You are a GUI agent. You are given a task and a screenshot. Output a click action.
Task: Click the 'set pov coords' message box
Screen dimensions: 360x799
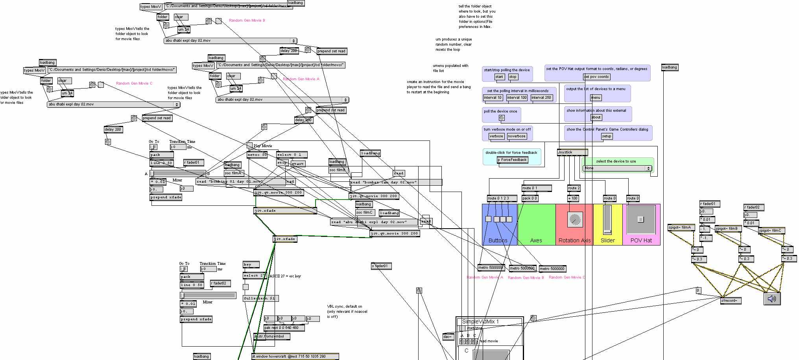[x=596, y=77]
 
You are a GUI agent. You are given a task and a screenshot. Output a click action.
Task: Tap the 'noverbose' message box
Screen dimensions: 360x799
[x=517, y=136]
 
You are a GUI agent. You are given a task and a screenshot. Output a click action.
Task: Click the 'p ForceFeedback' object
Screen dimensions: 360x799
[x=512, y=160]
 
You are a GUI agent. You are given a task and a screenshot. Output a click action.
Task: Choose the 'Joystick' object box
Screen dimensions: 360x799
[x=572, y=152]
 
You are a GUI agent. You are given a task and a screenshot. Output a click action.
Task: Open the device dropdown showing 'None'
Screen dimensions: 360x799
[x=617, y=168]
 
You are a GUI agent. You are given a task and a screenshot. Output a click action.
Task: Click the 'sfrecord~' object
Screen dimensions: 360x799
[x=731, y=301]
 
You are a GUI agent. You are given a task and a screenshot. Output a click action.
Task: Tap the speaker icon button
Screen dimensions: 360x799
[x=772, y=299]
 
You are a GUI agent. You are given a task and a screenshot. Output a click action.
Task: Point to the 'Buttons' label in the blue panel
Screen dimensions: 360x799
[x=498, y=240]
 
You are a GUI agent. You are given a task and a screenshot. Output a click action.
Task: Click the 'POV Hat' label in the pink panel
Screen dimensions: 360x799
[x=641, y=240]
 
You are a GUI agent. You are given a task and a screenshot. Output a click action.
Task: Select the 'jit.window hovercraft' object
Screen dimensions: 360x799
[x=295, y=356]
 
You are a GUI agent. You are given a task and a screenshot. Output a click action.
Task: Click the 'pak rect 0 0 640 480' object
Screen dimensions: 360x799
[x=281, y=328]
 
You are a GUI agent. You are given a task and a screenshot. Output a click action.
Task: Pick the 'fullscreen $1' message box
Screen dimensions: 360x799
[x=260, y=298]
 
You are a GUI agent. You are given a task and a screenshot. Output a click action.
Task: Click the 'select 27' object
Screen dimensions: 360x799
[x=255, y=276]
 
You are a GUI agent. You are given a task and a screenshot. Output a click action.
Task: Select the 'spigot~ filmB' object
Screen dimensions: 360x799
[x=728, y=229]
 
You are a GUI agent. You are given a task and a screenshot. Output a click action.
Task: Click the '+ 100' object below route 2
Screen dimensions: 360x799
[x=573, y=198]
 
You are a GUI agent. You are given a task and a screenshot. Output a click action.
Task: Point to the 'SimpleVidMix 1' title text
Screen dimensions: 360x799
[x=480, y=321]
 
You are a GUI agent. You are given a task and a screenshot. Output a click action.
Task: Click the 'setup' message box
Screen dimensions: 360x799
[x=607, y=137]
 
